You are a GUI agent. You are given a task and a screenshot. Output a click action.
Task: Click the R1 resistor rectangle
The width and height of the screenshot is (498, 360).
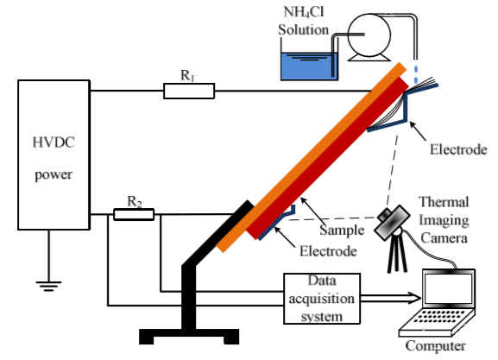pos(189,91)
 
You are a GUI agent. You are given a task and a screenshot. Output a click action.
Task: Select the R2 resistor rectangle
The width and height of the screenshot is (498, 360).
pos(134,214)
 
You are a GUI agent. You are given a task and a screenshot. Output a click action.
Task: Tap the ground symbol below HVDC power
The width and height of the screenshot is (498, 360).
pos(48,287)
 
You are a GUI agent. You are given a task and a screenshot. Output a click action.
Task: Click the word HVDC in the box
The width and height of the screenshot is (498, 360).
pos(54,142)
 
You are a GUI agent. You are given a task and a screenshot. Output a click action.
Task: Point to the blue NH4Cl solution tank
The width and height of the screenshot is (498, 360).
pos(309,66)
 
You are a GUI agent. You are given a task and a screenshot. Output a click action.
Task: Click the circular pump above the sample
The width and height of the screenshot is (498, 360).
pos(369,35)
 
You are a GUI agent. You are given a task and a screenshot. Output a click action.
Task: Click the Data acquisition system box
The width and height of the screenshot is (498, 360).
pos(322,299)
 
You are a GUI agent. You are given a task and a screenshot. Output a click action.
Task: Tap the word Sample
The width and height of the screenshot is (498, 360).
pos(342,230)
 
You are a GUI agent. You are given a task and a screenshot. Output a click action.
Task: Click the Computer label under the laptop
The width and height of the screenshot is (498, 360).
pos(436,345)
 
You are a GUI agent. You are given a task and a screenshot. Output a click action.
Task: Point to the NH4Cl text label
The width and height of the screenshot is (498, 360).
pos(303,12)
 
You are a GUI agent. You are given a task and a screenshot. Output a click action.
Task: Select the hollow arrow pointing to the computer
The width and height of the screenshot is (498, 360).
pos(391,299)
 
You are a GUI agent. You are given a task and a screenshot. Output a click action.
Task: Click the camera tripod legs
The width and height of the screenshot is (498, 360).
pos(397,254)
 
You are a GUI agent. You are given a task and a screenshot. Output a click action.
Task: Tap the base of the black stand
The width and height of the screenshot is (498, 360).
pos(189,336)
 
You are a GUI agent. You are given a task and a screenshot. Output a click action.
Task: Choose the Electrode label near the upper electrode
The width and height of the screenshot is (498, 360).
pos(458,149)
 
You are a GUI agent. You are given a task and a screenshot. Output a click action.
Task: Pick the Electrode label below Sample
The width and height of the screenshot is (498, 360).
pos(328,251)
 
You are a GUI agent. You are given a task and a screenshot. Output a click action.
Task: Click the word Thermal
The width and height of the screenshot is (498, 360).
pos(444,202)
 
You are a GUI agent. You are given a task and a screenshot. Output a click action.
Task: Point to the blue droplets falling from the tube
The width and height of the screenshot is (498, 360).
pos(416,74)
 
